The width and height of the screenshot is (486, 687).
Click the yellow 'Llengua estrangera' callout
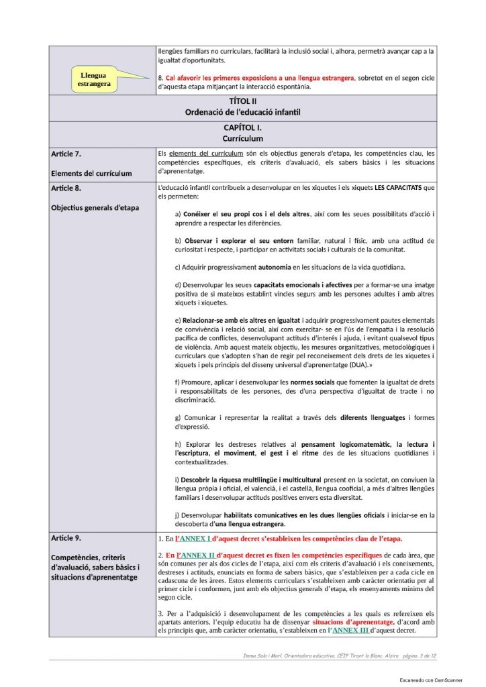pos(94,79)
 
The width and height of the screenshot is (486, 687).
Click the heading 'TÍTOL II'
pos(242,101)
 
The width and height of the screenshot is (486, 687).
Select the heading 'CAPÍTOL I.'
pos(242,127)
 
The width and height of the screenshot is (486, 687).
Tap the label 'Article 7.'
pos(66,154)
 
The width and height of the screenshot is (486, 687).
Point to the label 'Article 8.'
pos(66,188)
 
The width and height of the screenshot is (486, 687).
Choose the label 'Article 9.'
pos(66,538)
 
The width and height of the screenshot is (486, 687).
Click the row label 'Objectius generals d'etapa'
pos(95,207)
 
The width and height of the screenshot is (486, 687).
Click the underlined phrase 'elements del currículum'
pos(205,153)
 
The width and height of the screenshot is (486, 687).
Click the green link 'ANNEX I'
pos(193,539)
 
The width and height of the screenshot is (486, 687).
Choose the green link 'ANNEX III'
pos(350,631)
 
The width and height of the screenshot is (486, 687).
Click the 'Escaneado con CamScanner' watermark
pos(430,680)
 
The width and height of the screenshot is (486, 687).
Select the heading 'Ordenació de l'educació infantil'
pos(242,112)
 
